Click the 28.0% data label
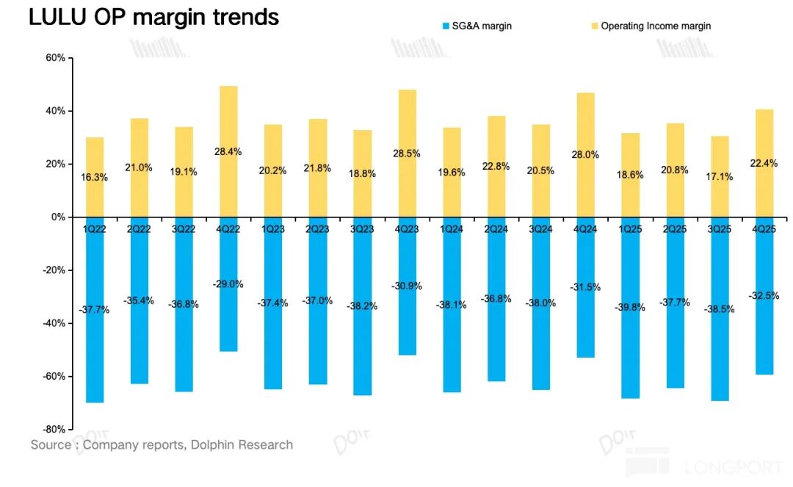pos(585,155)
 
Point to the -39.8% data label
pos(630,308)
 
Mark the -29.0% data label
pos(228,284)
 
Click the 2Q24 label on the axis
pos(496,228)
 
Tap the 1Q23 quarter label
pos(273,228)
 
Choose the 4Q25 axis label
pos(764,228)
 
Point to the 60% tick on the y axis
pos(56,58)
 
